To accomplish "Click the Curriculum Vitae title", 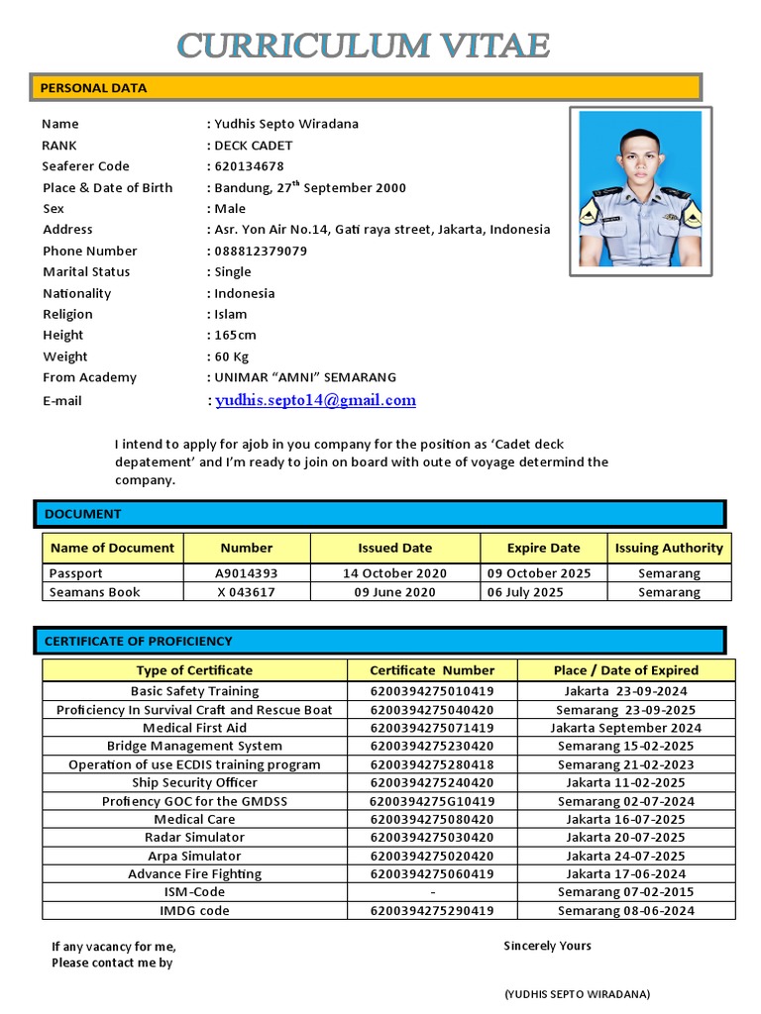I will click(x=364, y=45).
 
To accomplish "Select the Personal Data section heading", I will click(x=93, y=88).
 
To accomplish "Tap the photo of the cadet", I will click(x=640, y=191).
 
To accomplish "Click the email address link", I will click(x=315, y=400).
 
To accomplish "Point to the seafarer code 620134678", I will click(x=249, y=166).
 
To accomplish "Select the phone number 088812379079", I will click(x=261, y=252).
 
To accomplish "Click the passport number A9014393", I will click(x=247, y=573).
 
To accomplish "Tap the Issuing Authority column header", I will click(x=669, y=548).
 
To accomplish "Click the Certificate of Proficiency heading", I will click(x=138, y=641).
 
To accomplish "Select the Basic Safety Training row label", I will click(x=194, y=691).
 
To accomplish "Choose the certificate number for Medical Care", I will click(x=431, y=819).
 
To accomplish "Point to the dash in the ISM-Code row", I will click(x=433, y=892).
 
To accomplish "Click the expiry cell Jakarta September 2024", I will click(x=625, y=728).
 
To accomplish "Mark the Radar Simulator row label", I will click(x=194, y=838).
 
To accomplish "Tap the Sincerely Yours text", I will click(x=547, y=946).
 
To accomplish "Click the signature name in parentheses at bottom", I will click(x=577, y=994).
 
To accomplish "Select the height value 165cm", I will click(x=235, y=336).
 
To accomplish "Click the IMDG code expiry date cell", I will click(x=625, y=911).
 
